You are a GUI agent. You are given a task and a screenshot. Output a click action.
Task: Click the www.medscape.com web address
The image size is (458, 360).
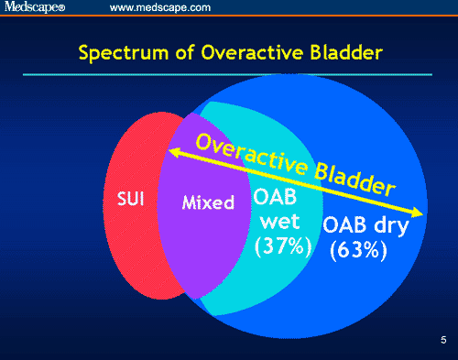(x=160, y=8)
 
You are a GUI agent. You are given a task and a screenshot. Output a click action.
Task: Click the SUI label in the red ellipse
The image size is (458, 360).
(x=128, y=199)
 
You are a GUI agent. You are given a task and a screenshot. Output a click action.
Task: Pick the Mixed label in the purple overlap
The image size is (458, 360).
(x=209, y=202)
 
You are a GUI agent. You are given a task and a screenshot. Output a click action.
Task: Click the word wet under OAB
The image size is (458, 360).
(x=279, y=222)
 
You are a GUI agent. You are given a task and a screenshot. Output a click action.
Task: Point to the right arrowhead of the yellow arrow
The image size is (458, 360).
(x=419, y=214)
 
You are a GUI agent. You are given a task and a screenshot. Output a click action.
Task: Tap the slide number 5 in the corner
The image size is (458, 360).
(x=442, y=342)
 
